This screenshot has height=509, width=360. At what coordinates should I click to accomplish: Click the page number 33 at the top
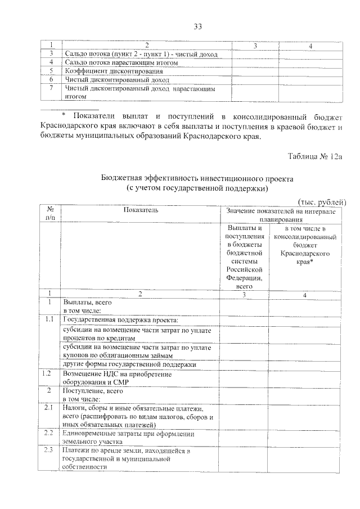coord(197,26)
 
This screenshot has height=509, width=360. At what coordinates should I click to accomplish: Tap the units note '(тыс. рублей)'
coord(321,202)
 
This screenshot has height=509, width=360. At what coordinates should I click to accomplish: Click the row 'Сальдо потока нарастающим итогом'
coord(121,62)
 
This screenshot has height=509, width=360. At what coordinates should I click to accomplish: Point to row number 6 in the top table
coord(51,79)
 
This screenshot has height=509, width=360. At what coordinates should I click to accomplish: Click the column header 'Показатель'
coord(140,210)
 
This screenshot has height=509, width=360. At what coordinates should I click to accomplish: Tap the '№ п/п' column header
coord(50,214)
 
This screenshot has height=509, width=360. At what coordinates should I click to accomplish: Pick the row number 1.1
coord(50,319)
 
